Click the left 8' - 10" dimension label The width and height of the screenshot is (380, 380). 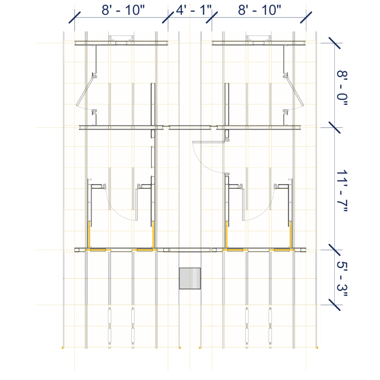123,10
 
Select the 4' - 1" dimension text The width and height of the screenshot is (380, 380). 194,10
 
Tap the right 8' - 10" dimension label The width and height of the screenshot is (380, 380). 259,10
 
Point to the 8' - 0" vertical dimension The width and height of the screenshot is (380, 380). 342,88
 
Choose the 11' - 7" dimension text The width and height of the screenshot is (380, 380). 342,191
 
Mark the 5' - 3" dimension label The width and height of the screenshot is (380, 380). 342,279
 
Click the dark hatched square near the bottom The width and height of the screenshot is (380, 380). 190,278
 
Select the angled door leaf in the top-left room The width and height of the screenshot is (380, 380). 85,92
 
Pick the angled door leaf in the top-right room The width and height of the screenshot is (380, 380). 295,92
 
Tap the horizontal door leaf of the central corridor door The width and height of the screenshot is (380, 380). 209,142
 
